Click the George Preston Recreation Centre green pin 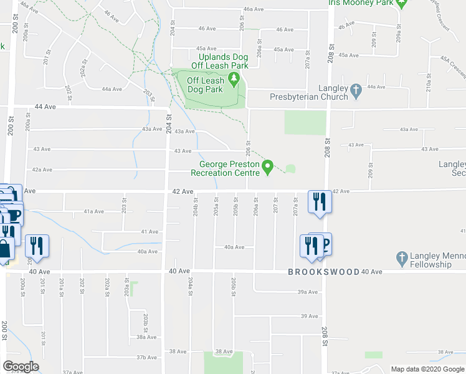click(x=268, y=167)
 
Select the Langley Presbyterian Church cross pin click(x=356, y=91)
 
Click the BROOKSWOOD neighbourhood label click(x=324, y=272)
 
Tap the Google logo click(x=21, y=367)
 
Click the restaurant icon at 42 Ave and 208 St click(x=320, y=202)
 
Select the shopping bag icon click(x=5, y=249)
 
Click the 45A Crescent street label click(x=452, y=67)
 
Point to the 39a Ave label click(x=308, y=292)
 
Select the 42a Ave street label click(x=42, y=170)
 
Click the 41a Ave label click(x=94, y=211)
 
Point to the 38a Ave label click(x=147, y=337)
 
